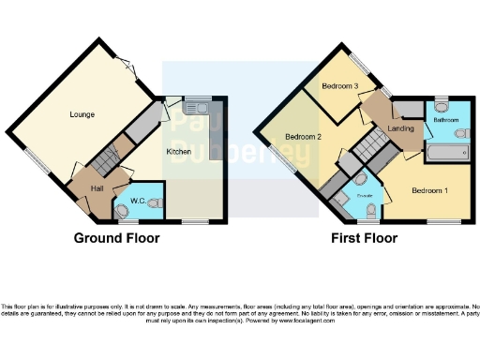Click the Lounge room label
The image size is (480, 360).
click(82, 114)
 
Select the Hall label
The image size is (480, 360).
click(97, 188)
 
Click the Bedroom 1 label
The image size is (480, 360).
click(429, 190)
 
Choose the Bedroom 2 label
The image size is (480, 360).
click(304, 138)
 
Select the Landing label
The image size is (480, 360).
click(401, 128)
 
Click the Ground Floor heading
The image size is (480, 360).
click(116, 238)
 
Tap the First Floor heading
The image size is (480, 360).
click(363, 238)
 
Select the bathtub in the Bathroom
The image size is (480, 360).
click(447, 151)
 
